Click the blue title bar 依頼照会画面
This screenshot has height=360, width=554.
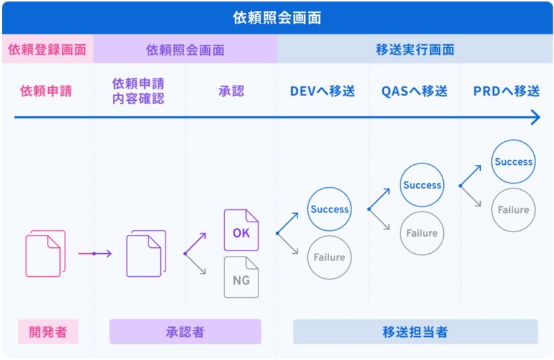pos(277,17)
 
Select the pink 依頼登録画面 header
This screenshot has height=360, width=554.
pos(47,50)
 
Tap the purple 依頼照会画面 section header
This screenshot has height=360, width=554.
pos(185,50)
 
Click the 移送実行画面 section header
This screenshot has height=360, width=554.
pos(415,50)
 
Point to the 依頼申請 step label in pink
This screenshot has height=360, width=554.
pos(46,91)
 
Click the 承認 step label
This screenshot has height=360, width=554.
pos(231,91)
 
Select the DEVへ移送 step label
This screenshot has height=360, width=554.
pos(323,91)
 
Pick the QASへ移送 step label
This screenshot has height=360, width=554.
pos(414,91)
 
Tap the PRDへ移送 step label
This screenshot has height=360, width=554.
pos(507,91)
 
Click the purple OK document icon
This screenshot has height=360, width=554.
pos(241,231)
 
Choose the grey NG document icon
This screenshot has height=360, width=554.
pos(241,278)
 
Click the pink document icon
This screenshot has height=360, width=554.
pos(45,254)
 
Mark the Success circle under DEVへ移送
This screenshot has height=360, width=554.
pos(329,209)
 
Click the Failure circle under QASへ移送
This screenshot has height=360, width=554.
pos(421,233)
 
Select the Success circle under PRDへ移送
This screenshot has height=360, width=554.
pos(513,162)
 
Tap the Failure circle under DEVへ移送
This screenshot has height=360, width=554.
pos(329,257)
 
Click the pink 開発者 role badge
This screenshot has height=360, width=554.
pos(47,332)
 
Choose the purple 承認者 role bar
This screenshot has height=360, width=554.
pos(185,332)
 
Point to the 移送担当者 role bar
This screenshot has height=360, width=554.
pos(415,332)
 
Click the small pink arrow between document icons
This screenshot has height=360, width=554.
pos(94,253)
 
